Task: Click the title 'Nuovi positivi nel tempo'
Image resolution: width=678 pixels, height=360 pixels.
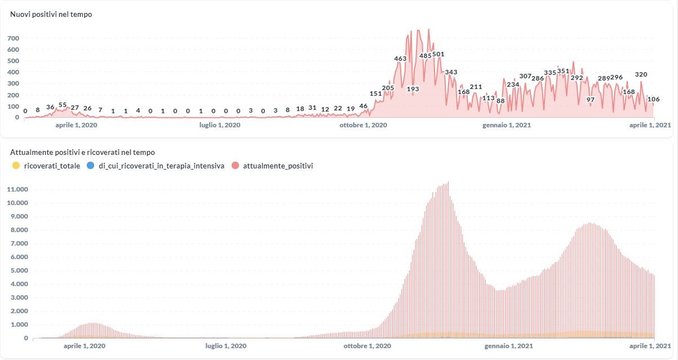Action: tap(51, 14)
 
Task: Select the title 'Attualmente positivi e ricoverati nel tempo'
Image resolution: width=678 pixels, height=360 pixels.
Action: tap(83, 152)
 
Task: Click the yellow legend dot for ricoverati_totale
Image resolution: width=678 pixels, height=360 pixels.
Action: tap(15, 166)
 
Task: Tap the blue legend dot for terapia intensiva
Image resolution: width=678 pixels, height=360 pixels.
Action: tap(91, 166)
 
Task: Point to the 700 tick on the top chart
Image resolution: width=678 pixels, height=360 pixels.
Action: tap(14, 38)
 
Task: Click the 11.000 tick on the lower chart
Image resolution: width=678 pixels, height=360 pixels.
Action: tap(17, 189)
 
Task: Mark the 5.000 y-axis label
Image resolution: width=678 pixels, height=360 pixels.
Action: tap(18, 270)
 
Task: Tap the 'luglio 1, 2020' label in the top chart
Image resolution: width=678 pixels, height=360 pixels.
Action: tap(220, 125)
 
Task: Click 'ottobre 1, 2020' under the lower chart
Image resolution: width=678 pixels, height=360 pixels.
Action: tap(367, 346)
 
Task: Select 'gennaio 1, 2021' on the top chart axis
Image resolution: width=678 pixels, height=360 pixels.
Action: tap(506, 125)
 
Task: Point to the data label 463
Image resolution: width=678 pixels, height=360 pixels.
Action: tap(400, 59)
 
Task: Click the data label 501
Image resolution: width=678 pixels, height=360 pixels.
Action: tap(438, 55)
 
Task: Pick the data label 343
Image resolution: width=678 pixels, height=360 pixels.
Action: tap(451, 72)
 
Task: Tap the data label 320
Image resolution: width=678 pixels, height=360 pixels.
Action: tap(641, 74)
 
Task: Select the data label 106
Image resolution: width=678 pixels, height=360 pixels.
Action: tap(654, 99)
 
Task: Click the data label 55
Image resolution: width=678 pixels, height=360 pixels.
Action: tap(63, 105)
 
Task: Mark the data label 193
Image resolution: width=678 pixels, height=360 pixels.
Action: tap(413, 88)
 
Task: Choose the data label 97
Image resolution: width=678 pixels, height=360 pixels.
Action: tap(591, 100)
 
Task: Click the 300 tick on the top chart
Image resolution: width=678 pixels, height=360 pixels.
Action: tap(14, 83)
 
